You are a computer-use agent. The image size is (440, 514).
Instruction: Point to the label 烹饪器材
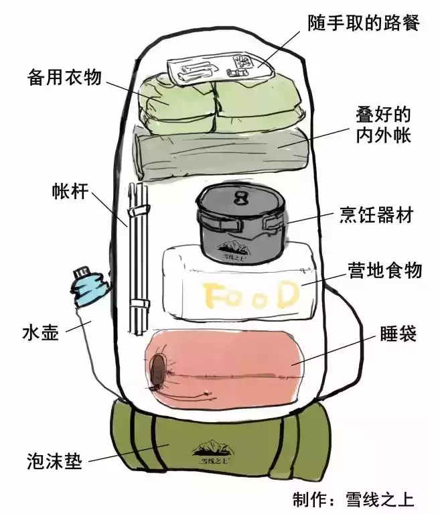[377, 216]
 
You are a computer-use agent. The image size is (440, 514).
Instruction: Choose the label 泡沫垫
[54, 462]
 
